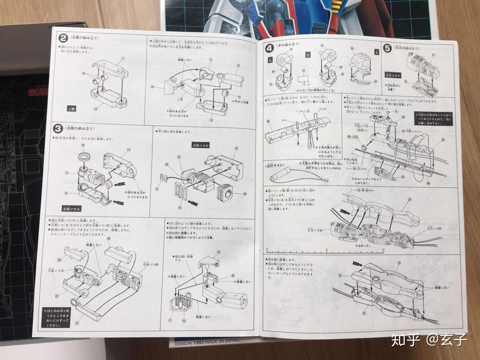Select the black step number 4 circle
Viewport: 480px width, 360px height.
pos(269,48)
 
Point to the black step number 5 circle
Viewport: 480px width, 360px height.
pos(387,49)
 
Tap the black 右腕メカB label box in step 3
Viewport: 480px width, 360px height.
pos(201,145)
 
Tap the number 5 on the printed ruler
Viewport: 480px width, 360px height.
pos(327,250)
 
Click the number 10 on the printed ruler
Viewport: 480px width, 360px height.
pos(383,250)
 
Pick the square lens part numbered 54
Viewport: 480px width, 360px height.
pos(226,193)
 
